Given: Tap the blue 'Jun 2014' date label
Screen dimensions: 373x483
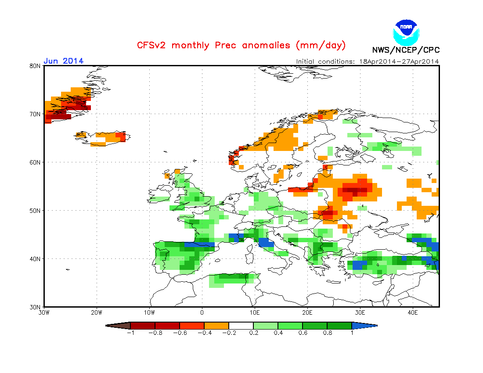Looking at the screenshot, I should pos(63,61).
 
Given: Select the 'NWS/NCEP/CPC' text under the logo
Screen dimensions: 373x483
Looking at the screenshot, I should pos(406,50).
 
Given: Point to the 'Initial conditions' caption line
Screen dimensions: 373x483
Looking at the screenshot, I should pos(367,61).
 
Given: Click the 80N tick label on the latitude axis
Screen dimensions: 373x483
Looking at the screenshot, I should pos(36,66).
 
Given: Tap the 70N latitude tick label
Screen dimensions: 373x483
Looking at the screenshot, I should pos(36,114).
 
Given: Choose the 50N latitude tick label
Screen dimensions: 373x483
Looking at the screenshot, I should pos(36,211).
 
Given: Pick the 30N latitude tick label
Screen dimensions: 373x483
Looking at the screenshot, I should pos(36,307).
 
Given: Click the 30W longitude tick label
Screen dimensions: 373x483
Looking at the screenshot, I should pos(44,312).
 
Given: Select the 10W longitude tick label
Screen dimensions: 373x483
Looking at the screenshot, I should pos(149,312).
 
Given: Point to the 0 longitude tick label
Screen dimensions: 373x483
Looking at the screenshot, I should pos(202,312).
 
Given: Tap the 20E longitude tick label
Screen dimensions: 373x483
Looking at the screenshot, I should pos(307,312).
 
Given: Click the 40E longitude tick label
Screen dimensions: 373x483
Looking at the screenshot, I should pos(413,312).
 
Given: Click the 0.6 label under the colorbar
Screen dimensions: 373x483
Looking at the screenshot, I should pos(302,333).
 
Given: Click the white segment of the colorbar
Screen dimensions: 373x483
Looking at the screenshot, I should pos(241,326).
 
